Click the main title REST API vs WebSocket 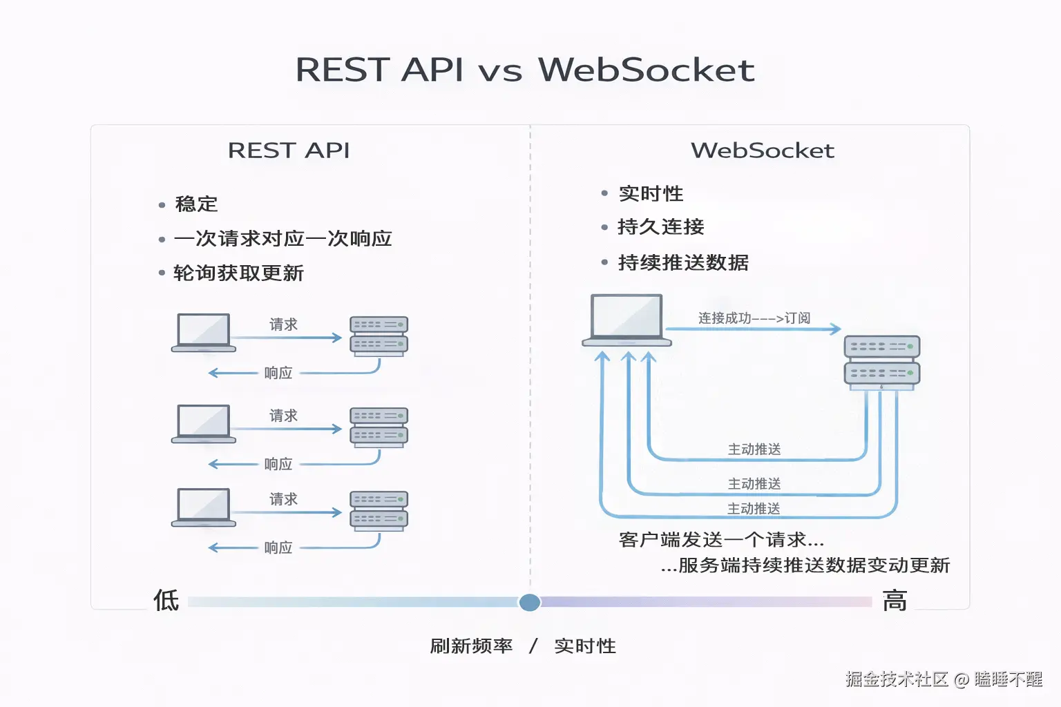525,70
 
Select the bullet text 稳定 196,204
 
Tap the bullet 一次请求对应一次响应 283,239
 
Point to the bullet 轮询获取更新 238,273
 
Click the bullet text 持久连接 660,227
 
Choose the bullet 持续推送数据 682,263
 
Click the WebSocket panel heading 762,151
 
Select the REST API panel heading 289,151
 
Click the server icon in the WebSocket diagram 882,361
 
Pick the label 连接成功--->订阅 754,318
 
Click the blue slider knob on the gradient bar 530,602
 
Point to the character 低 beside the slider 166,601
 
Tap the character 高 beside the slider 895,601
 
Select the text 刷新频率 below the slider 471,646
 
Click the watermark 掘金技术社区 897,679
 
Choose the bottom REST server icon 379,511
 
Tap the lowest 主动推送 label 754,509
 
